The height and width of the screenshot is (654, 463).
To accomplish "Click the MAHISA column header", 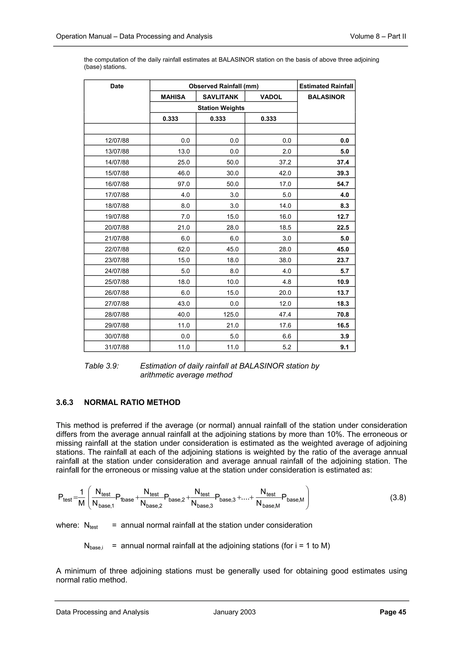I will coord(173,97).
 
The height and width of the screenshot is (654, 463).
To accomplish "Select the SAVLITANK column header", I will coord(220,97).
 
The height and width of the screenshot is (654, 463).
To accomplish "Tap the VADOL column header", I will coord(271,97).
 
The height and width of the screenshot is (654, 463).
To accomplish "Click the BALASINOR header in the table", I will coord(326,97).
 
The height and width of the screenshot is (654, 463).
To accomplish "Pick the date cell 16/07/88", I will coord(117,184).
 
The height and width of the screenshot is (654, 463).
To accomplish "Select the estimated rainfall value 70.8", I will coord(343,314).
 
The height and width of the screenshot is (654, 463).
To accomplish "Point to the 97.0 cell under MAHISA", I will coord(183,184).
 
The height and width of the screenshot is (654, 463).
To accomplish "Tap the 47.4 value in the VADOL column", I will coord(285,314).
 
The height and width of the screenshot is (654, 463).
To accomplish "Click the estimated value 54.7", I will coord(343,184).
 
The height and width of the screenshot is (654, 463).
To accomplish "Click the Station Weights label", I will coord(221,108).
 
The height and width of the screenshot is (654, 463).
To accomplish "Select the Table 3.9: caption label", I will coord(101,366).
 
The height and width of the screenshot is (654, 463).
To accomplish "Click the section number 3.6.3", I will coord(64,402).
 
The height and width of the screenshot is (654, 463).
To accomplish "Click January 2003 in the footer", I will coord(234,612).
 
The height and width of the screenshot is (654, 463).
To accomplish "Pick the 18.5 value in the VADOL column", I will coord(285,227).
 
